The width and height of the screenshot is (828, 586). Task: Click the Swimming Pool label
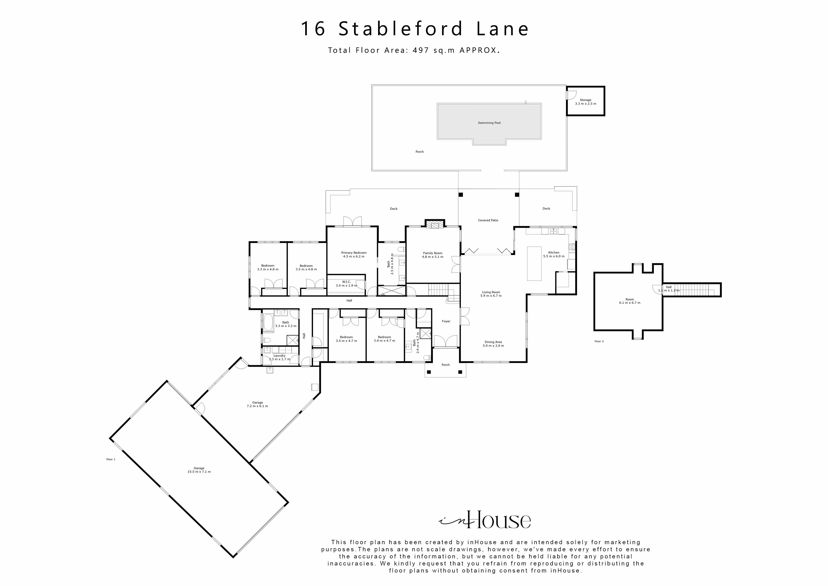tap(489, 123)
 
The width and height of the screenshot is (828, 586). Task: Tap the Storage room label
tap(585, 100)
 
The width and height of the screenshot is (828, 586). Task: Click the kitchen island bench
tap(534, 263)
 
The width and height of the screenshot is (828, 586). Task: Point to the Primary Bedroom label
tap(354, 253)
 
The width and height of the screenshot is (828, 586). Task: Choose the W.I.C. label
tap(346, 282)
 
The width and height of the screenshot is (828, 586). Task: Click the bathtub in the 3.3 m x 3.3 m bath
tap(268, 323)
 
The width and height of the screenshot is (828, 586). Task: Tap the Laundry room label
tap(279, 356)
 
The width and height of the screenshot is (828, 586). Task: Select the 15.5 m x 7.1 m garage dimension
tap(199, 472)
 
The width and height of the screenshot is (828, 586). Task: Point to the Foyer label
tap(446, 321)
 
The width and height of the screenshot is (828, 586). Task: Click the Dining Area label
tap(493, 342)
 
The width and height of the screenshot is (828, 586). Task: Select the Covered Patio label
tap(488, 220)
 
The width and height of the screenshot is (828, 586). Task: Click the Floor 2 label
tap(599, 341)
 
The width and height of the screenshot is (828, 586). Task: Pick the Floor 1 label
tap(111, 459)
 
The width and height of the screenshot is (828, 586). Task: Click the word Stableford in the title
tap(400, 29)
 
